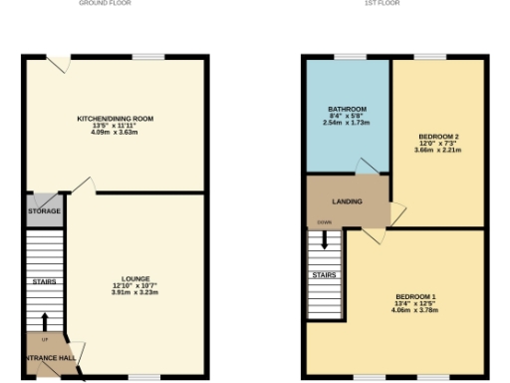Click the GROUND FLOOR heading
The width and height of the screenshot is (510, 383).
[x=119, y=3]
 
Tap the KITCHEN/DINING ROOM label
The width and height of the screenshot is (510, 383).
[x=116, y=119]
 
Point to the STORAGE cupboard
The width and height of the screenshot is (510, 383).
[x=44, y=211]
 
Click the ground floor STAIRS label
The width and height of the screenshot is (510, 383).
[x=43, y=281]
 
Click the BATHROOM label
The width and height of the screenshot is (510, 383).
[x=347, y=109]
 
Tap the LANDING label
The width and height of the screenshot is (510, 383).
[x=347, y=201]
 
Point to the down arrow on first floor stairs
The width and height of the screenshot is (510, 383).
[x=325, y=239]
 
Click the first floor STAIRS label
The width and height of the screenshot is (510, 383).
[x=324, y=274]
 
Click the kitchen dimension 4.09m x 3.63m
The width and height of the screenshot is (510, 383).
[x=116, y=133]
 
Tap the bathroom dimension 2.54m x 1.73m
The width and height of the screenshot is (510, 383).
[x=347, y=123]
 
